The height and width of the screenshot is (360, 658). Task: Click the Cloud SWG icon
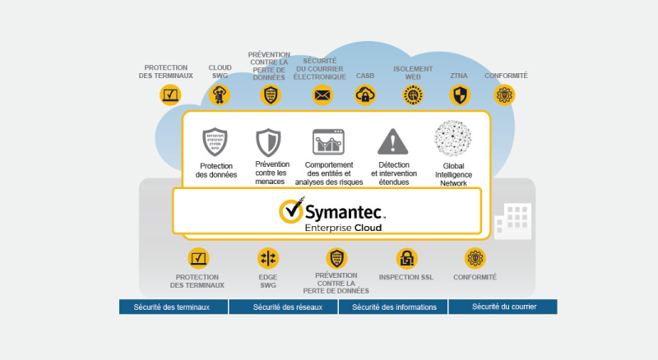click(x=220, y=95)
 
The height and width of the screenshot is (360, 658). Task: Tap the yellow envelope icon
click(x=322, y=95)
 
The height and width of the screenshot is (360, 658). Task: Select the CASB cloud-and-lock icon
click(x=365, y=95)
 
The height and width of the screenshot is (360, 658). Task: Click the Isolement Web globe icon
click(x=413, y=95)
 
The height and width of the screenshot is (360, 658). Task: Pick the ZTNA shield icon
click(x=460, y=95)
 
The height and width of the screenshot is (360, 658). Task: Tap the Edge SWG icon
click(x=268, y=258)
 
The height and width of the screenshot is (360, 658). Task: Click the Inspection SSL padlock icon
click(x=406, y=258)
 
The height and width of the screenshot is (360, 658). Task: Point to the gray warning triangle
click(x=393, y=142)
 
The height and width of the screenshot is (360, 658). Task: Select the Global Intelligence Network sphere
click(x=453, y=138)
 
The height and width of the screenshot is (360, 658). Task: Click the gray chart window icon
click(x=328, y=142)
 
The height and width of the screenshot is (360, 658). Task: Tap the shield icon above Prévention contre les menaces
click(x=269, y=143)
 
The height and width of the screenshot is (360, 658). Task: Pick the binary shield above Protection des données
click(x=215, y=142)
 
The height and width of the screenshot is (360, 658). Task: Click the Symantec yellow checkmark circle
click(x=291, y=211)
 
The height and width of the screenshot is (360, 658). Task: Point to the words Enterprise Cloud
click(x=343, y=228)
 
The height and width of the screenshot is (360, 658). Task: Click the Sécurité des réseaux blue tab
click(x=283, y=307)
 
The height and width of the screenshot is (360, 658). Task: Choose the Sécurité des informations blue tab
click(x=393, y=307)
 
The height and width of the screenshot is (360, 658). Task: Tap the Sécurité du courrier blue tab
click(x=503, y=307)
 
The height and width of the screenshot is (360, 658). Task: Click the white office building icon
click(x=512, y=221)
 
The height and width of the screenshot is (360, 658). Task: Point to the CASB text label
click(x=365, y=76)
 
